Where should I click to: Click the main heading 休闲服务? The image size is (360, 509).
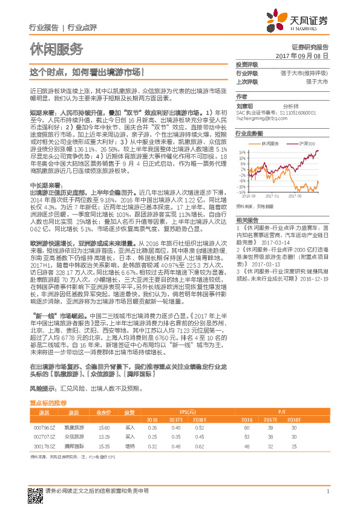(x=56, y=49)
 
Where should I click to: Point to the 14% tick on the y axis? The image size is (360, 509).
(x=241, y=152)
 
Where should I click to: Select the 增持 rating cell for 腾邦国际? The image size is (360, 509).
(x=130, y=445)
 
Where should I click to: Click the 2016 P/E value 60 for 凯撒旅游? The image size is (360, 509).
(x=248, y=427)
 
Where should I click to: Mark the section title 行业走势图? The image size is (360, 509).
(x=249, y=132)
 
